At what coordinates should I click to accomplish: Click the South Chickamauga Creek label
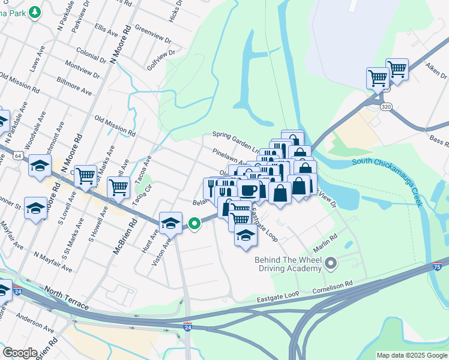coord(387,179)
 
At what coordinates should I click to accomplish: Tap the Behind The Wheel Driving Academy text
coord(288,264)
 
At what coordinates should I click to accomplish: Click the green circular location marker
coord(194,224)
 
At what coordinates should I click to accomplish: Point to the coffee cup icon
coord(249,190)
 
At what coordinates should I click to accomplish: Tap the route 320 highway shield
coord(386,106)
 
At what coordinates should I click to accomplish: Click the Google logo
coord(20,353)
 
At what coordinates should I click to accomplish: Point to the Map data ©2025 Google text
coord(411,355)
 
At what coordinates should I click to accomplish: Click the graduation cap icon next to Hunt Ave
coord(170,223)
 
